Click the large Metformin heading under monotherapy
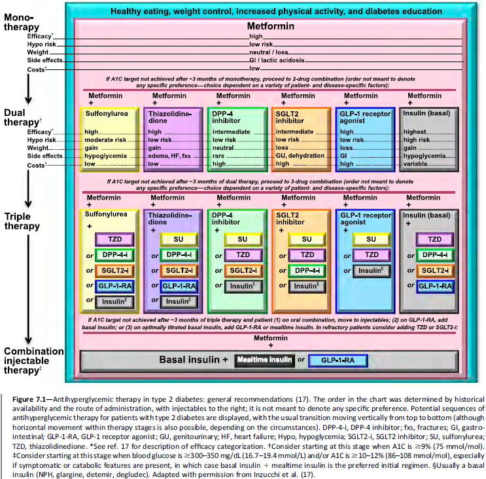pos(270,26)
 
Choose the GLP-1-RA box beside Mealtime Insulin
pos(338,360)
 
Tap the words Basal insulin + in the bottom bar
pos(193,360)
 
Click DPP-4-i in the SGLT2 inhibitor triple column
pos(306,270)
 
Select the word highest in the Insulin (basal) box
pos(415,132)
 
